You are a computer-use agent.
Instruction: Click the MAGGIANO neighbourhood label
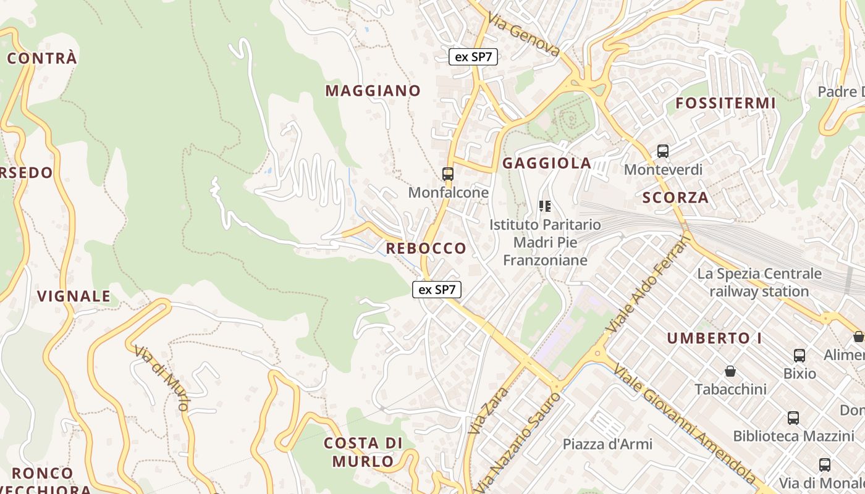click(x=373, y=91)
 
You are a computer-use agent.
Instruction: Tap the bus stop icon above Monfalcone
click(x=448, y=174)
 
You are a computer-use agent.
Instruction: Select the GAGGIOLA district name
click(x=547, y=164)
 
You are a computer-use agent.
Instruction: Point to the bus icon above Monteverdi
click(x=663, y=151)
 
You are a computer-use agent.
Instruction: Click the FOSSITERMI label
click(x=725, y=103)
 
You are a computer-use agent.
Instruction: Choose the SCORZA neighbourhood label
click(x=675, y=198)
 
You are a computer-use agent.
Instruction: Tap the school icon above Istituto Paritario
click(x=544, y=206)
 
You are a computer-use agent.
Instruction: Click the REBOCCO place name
click(x=426, y=248)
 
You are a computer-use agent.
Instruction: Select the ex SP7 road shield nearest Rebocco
click(x=437, y=289)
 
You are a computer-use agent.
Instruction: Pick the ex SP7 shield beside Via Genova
click(x=473, y=57)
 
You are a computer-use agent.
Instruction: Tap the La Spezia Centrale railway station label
click(x=759, y=282)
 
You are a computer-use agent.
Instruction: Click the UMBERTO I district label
click(x=714, y=338)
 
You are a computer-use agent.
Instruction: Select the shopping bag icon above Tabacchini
click(x=730, y=371)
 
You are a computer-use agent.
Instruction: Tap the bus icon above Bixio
click(x=800, y=355)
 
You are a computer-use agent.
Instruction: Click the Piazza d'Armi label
click(x=607, y=443)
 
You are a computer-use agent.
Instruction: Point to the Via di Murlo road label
click(x=161, y=377)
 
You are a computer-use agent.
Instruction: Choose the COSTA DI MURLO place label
click(x=363, y=452)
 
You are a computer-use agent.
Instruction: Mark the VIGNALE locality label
click(x=74, y=296)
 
